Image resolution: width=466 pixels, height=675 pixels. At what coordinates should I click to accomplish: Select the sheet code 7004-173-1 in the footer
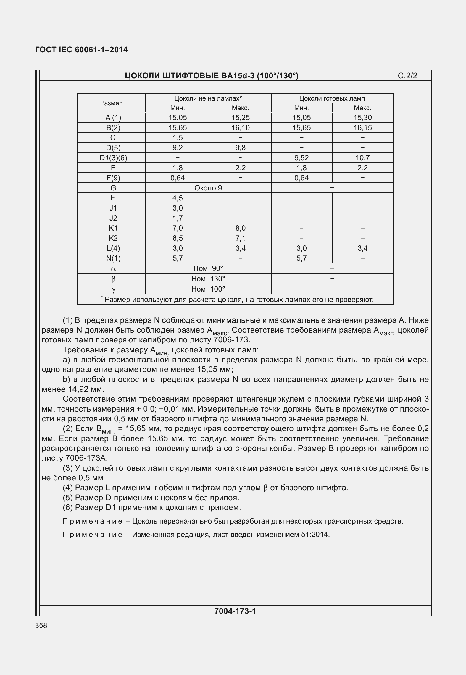(235, 611)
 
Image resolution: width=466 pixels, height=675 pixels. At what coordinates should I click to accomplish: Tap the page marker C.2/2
(407, 76)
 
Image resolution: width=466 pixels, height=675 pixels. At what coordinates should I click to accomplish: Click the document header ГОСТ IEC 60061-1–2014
(81, 50)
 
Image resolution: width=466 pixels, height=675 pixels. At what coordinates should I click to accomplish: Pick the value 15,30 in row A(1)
(362, 118)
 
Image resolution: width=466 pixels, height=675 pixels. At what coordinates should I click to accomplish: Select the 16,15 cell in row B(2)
(362, 128)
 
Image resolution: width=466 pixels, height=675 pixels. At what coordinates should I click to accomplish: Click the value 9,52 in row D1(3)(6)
(301, 158)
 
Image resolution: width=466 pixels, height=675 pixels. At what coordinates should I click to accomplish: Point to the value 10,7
(362, 158)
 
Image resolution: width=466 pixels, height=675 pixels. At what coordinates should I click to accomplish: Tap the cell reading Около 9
(208, 188)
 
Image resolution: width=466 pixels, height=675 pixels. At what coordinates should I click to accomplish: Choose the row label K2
(113, 238)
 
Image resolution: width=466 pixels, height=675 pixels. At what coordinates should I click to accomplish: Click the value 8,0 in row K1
(240, 228)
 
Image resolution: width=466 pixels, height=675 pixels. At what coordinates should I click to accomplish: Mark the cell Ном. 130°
(208, 279)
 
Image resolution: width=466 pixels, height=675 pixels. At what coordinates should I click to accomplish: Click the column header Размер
(111, 103)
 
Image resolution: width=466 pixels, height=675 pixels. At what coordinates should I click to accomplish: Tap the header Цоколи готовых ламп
(332, 98)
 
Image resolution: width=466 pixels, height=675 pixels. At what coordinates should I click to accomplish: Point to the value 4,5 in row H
(178, 198)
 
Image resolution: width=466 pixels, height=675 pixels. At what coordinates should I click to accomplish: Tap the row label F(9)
(113, 178)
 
